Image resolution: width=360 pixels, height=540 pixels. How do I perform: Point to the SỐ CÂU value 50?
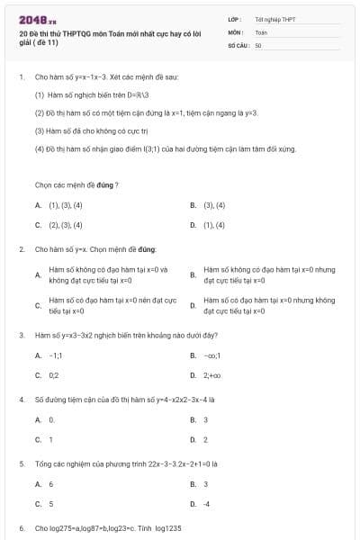(258, 44)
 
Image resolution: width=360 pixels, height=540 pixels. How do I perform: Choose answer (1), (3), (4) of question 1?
(66, 205)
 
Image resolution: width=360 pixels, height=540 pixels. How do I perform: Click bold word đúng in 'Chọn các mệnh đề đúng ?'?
(103, 184)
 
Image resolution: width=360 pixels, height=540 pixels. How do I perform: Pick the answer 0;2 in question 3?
(54, 374)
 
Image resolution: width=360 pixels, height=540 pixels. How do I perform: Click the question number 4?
(21, 398)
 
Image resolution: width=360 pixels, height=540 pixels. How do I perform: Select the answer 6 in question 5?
(51, 484)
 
